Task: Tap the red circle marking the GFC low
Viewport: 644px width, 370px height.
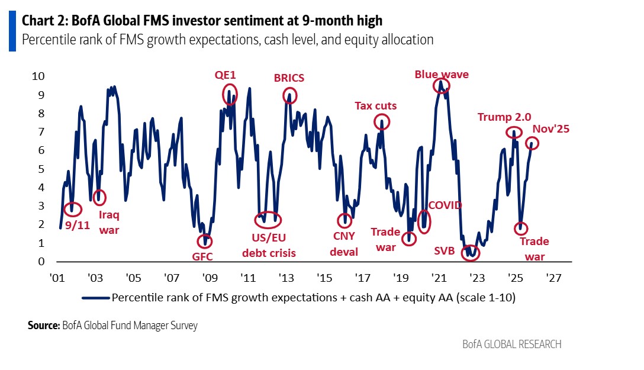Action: point(206,241)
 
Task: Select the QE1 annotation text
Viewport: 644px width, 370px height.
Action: point(225,75)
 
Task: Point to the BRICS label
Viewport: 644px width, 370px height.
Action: point(289,78)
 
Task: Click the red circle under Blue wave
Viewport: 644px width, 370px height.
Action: point(442,85)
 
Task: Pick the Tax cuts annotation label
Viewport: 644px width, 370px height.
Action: point(376,106)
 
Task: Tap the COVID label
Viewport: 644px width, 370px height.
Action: point(445,205)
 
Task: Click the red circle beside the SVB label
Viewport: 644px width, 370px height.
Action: point(471,252)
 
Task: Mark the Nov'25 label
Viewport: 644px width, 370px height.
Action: point(550,129)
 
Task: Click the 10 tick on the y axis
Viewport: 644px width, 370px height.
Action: point(38,76)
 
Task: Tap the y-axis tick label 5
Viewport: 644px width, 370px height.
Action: point(41,169)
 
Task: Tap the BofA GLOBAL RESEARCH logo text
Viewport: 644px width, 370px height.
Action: point(512,344)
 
